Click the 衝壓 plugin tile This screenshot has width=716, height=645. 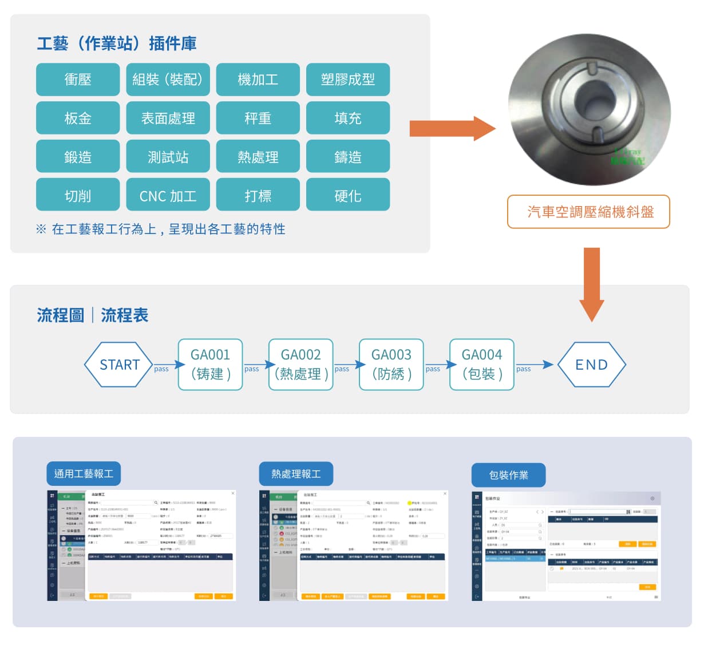point(78,80)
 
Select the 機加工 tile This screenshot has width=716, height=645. point(258,80)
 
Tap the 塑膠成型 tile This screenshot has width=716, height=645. point(348,80)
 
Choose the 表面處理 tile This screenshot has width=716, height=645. point(168,118)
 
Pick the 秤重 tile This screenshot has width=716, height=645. point(258,118)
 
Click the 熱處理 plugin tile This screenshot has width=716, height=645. point(258,157)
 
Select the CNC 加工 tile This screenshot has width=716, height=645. point(168,196)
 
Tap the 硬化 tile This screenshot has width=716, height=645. point(348,196)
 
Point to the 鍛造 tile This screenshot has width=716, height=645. point(78,157)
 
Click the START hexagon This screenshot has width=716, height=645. point(119,365)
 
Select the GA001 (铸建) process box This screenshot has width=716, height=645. point(210,365)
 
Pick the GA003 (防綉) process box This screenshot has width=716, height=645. point(391,365)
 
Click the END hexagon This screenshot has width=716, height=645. point(592,365)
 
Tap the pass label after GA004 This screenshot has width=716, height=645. point(523,369)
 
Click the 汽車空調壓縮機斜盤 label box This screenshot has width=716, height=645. point(589,212)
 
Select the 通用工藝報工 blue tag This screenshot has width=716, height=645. point(84,474)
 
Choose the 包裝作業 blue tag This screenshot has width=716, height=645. point(508,475)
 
